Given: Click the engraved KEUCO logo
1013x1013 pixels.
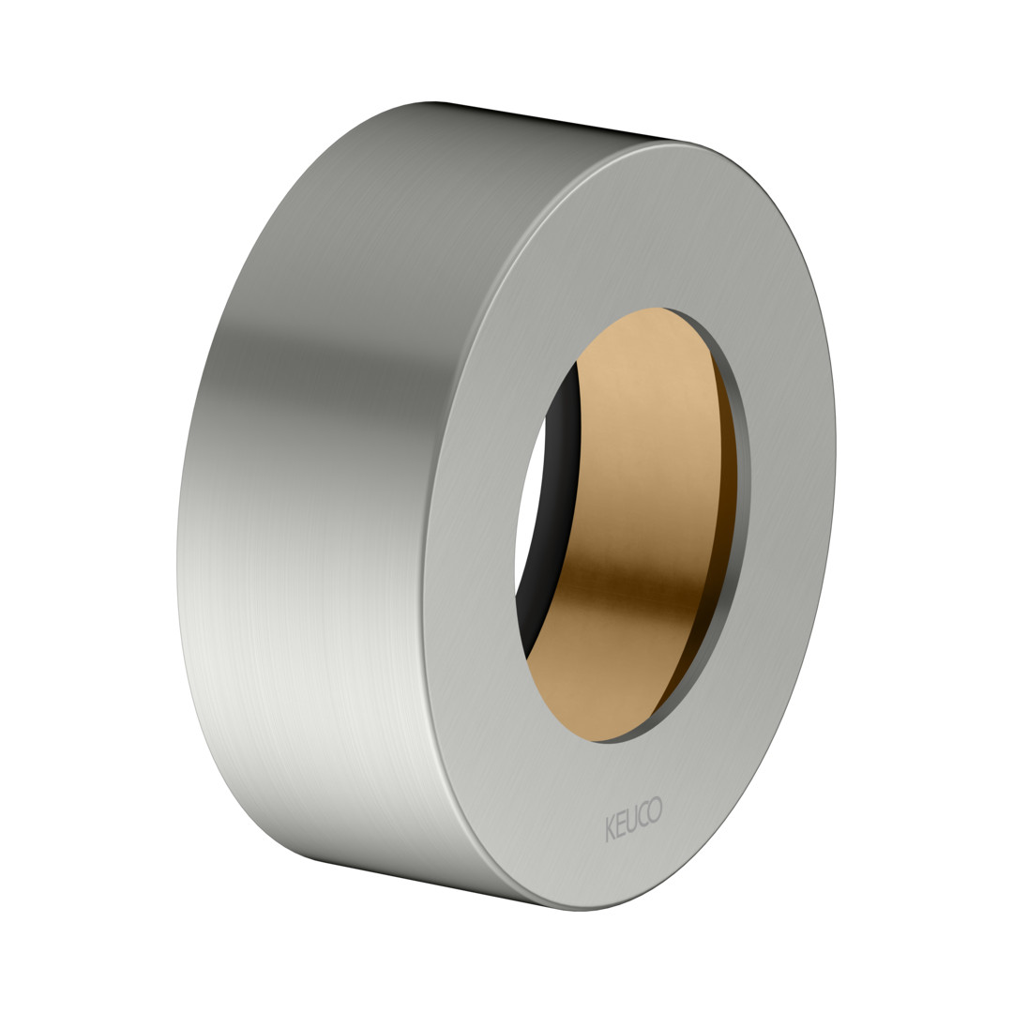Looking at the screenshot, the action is [634, 819].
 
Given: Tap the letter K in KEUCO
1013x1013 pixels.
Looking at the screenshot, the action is [610, 829].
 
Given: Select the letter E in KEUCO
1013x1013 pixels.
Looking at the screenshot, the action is [620, 824].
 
